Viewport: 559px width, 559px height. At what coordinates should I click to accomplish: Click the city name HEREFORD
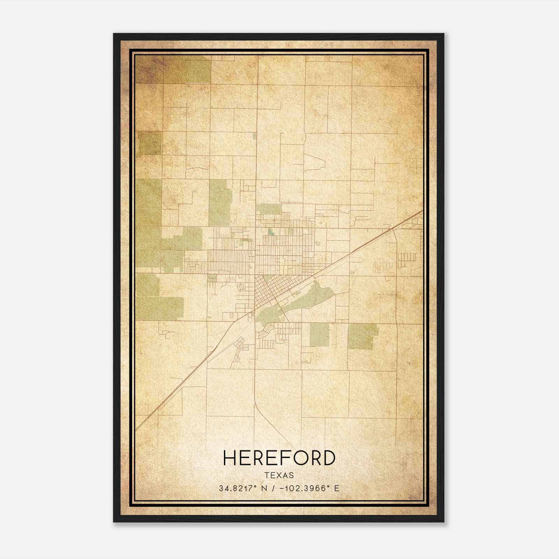279,458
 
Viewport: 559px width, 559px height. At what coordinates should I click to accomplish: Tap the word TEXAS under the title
279,475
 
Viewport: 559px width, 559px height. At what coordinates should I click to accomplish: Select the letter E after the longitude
337,488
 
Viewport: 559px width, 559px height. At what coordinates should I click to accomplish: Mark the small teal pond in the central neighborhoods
271,231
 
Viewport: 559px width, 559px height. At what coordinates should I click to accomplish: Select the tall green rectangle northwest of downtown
220,203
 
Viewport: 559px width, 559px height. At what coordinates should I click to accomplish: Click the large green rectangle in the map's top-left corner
187,70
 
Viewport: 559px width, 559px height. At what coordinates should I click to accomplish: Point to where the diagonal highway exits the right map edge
422,211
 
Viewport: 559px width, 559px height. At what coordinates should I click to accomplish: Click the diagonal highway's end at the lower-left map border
136,429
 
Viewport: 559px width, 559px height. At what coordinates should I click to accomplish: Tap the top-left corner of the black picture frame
114,34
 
